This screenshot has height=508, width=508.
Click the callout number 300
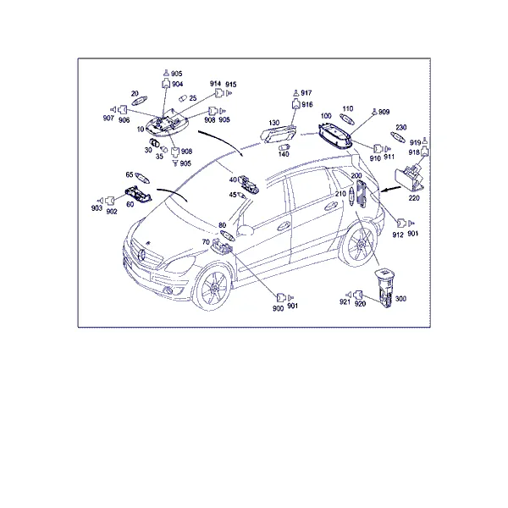point(400,299)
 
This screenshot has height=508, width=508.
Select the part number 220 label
point(414,198)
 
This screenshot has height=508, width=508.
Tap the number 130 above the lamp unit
point(274,123)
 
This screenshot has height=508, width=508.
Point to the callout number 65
point(130,174)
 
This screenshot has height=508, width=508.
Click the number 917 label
point(306,93)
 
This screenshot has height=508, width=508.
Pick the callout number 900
point(278,308)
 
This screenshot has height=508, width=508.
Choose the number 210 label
point(340,194)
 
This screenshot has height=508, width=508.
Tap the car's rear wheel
point(359,246)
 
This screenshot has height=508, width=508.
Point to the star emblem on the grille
point(142,255)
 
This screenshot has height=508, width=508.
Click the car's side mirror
point(246,229)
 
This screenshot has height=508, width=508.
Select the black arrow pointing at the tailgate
point(391,189)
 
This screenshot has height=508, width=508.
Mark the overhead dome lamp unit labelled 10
point(166,124)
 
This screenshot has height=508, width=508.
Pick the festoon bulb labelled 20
point(139,101)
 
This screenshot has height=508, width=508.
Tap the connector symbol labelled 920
point(358,295)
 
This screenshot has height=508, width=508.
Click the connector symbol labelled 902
point(110,201)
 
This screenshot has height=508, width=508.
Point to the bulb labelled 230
point(398,137)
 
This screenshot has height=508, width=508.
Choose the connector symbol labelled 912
point(401,224)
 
